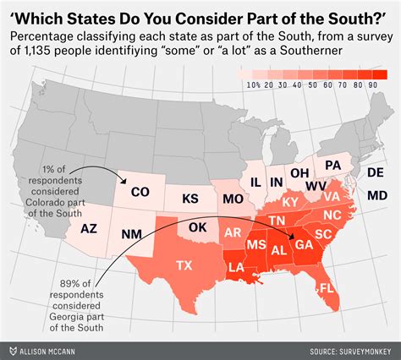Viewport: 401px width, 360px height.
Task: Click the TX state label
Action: pyautogui.click(x=184, y=265)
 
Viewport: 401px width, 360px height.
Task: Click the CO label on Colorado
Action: pyautogui.click(x=140, y=191)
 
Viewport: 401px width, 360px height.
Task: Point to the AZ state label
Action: pyautogui.click(x=89, y=228)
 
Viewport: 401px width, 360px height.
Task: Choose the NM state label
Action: pyautogui.click(x=132, y=233)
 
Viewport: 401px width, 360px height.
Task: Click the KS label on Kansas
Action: pyautogui.click(x=190, y=198)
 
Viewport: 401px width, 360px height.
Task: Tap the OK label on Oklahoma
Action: pyautogui.click(x=196, y=226)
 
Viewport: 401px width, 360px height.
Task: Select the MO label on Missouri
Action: pyautogui.click(x=233, y=199)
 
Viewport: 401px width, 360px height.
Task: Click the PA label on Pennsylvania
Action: pyautogui.click(x=332, y=164)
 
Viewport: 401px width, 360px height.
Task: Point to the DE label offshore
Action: pyautogui.click(x=376, y=172)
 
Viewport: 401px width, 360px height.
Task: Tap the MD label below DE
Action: pyautogui.click(x=377, y=195)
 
